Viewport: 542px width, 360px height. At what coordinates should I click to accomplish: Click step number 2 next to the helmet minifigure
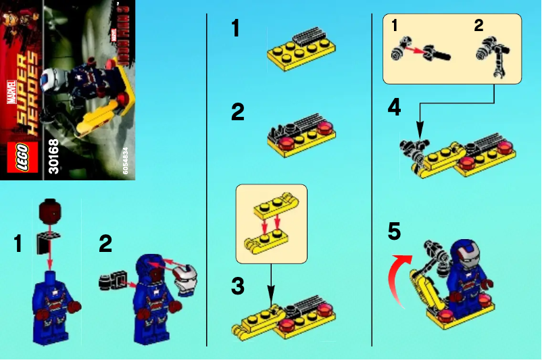pos(105,243)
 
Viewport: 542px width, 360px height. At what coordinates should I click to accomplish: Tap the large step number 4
pos(395,107)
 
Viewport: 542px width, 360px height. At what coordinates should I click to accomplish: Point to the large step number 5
pos(394,232)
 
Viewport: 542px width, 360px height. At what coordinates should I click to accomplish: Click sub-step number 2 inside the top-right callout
pos(478,26)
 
